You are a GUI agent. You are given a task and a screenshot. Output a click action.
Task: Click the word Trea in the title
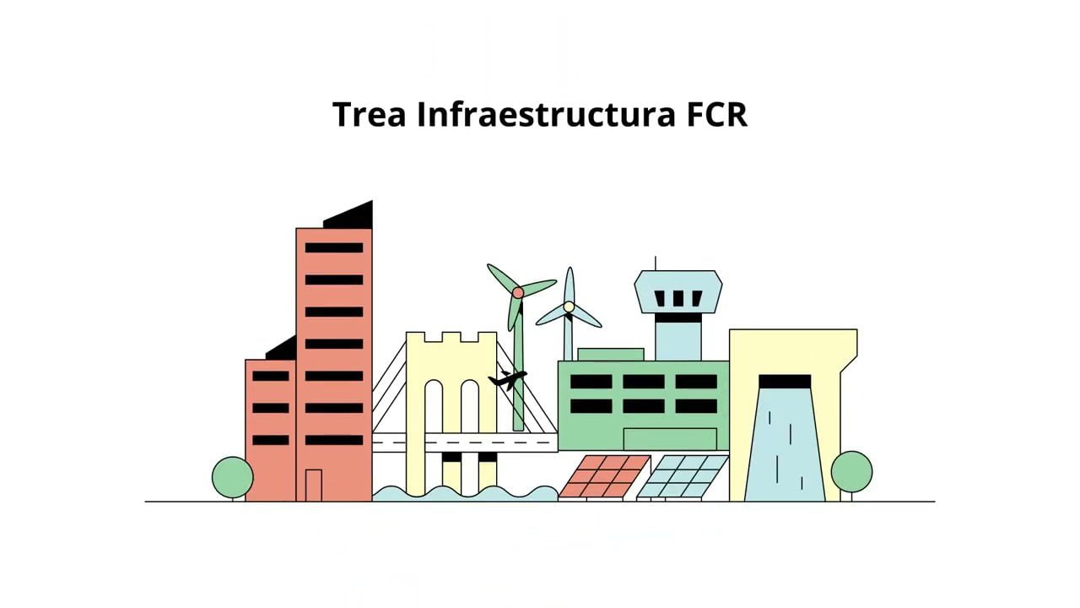pyautogui.click(x=370, y=115)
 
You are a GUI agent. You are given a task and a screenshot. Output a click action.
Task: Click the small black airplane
pyautogui.click(x=507, y=380)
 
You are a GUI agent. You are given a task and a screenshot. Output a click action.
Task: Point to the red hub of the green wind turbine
pyautogui.click(x=518, y=292)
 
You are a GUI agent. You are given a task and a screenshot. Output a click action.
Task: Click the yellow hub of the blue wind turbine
pyautogui.click(x=570, y=307)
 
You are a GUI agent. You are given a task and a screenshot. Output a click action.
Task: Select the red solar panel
pyautogui.click(x=604, y=476)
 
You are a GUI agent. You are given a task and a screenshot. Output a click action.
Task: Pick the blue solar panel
pyautogui.click(x=683, y=476)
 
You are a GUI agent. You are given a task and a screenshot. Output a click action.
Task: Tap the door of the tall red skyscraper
pyautogui.click(x=313, y=485)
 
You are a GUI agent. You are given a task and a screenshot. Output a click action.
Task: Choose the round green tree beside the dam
pyautogui.click(x=851, y=471)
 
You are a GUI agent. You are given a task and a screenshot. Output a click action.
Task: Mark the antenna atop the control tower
pyautogui.click(x=656, y=263)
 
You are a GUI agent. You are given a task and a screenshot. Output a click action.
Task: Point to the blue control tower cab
pyautogui.click(x=678, y=290)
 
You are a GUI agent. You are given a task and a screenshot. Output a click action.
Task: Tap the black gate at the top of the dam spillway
pyautogui.click(x=785, y=382)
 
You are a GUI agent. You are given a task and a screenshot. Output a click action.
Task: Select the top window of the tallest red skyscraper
pyautogui.click(x=334, y=247)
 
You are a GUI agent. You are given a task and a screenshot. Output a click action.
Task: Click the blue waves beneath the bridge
pyautogui.click(x=464, y=493)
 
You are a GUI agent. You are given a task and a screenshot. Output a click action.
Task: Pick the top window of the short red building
pyautogui.click(x=270, y=376)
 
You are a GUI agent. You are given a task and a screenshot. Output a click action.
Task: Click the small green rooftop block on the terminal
pyautogui.click(x=610, y=354)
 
